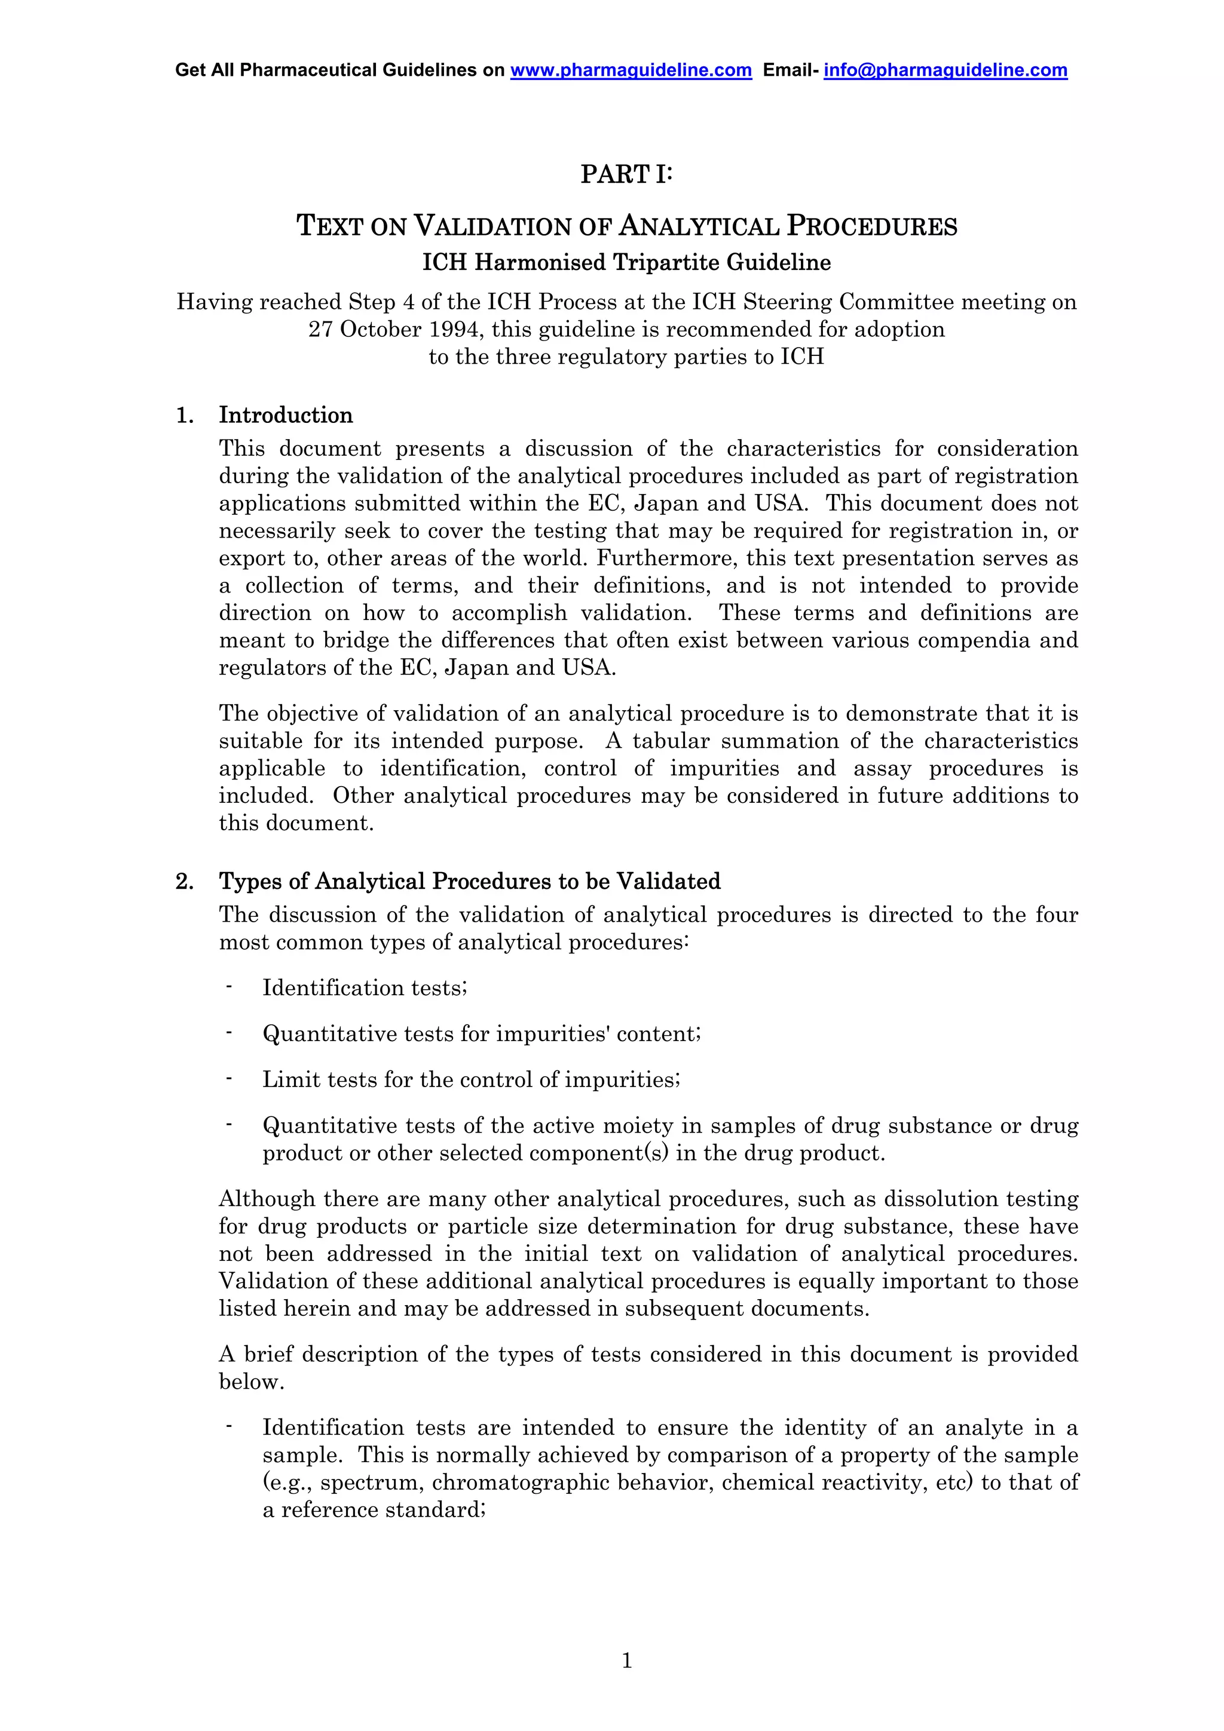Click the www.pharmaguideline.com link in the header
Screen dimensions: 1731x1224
coord(631,70)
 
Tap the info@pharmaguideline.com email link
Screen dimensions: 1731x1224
coord(945,70)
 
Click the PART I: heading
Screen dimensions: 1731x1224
coord(626,174)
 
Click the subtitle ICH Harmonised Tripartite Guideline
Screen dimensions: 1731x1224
coord(626,262)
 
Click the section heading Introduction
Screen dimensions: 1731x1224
coord(285,415)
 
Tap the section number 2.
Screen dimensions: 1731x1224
coord(183,882)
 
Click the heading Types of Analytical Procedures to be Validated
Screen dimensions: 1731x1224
coord(469,882)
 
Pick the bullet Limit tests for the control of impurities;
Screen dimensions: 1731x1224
coord(472,1079)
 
